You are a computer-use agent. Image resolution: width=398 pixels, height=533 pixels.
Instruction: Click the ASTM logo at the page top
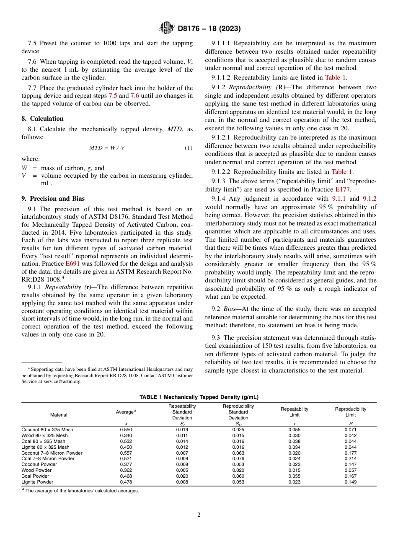167,28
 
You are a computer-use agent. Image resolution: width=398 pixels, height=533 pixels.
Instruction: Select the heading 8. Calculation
43,119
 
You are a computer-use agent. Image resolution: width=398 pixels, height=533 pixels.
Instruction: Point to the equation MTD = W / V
107,148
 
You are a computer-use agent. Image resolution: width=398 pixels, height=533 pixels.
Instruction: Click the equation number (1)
189,148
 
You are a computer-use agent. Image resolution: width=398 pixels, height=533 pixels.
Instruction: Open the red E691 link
71,264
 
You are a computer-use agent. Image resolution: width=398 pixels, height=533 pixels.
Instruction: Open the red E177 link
343,189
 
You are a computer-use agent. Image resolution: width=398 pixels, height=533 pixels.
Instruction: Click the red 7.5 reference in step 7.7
113,96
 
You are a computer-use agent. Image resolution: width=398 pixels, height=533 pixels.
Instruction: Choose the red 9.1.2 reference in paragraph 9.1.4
369,199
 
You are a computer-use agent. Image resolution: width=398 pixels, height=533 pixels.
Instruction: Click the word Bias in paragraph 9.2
230,309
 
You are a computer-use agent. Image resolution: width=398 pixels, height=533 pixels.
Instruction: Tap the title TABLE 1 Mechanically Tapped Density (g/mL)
199,397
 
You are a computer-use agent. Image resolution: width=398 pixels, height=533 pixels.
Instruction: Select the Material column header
59,415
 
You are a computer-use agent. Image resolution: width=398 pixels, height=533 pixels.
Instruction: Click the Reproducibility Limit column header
350,412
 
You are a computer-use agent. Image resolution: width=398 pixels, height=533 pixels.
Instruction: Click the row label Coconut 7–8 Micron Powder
52,453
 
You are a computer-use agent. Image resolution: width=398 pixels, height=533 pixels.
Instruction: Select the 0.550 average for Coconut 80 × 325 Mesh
126,430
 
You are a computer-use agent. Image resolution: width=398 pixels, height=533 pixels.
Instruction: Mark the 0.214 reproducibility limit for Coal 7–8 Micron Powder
350,458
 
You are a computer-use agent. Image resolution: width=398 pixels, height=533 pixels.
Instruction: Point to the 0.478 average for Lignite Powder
126,482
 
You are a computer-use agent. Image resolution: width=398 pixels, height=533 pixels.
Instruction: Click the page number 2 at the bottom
199,515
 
